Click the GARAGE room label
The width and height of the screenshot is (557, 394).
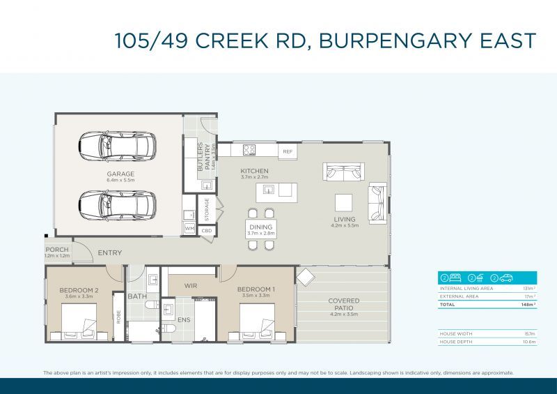[120, 174]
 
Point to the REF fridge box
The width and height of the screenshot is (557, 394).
[287, 151]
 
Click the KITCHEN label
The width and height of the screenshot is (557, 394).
[254, 171]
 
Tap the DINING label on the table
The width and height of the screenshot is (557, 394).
[261, 227]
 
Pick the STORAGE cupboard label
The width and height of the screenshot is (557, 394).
[207, 209]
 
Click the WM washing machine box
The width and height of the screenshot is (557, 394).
[189, 229]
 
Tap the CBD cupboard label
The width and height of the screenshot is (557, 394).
[207, 230]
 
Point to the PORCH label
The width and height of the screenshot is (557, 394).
[57, 250]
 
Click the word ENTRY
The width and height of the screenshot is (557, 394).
[109, 253]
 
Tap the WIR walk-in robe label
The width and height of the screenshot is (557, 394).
[191, 286]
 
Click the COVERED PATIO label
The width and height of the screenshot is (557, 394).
[344, 304]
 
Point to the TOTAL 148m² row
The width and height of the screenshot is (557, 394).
[480, 305]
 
